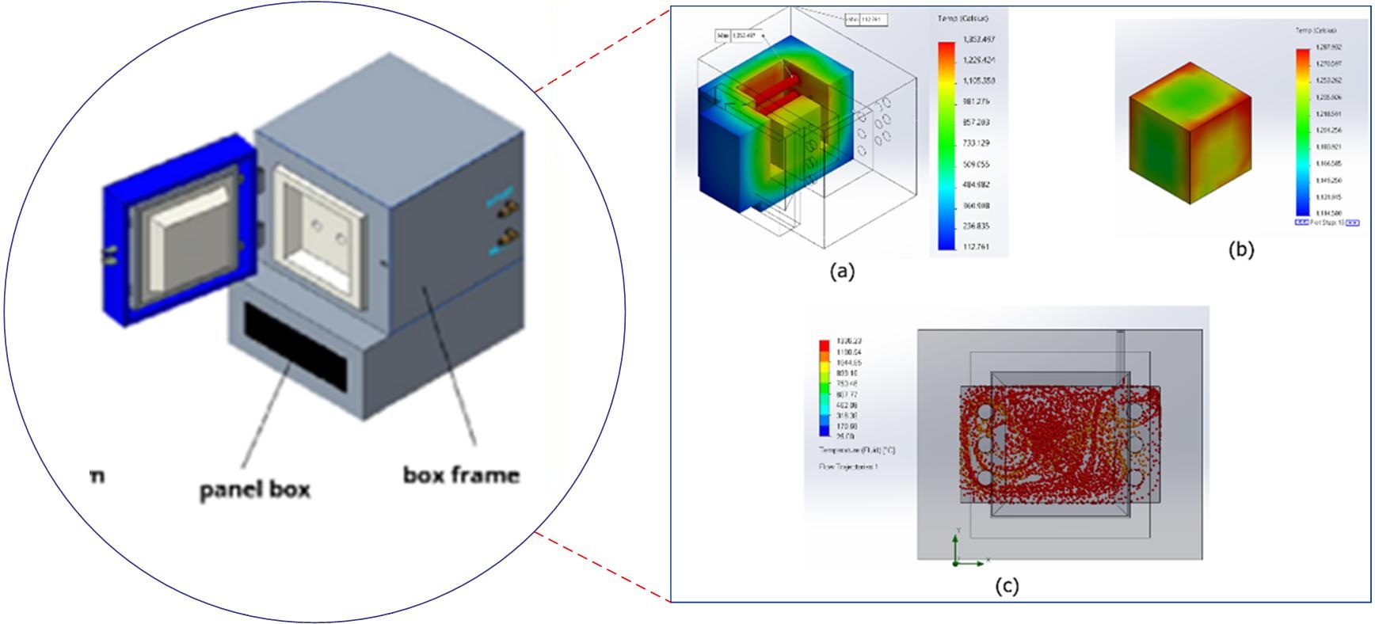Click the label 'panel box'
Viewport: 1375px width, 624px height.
254,490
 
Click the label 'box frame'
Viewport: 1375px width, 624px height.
462,475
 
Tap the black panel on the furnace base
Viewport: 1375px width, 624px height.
295,348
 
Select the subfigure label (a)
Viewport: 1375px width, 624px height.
841,271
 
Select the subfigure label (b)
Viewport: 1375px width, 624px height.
1240,249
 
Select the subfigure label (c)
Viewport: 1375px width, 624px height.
1006,586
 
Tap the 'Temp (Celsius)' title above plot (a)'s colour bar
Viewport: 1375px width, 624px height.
962,18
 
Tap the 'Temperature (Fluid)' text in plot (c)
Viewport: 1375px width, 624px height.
856,450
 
